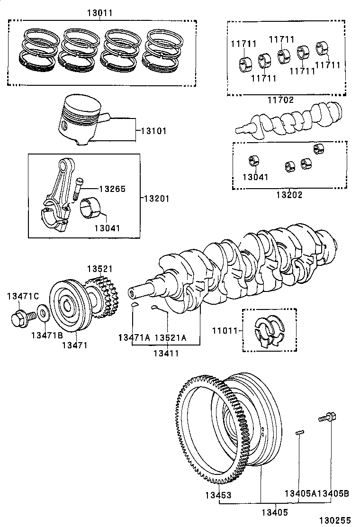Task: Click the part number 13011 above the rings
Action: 99,13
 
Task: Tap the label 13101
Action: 153,130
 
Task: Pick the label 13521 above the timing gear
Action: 99,269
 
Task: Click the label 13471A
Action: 134,337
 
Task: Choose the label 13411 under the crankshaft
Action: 166,353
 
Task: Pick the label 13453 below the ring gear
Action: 218,495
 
